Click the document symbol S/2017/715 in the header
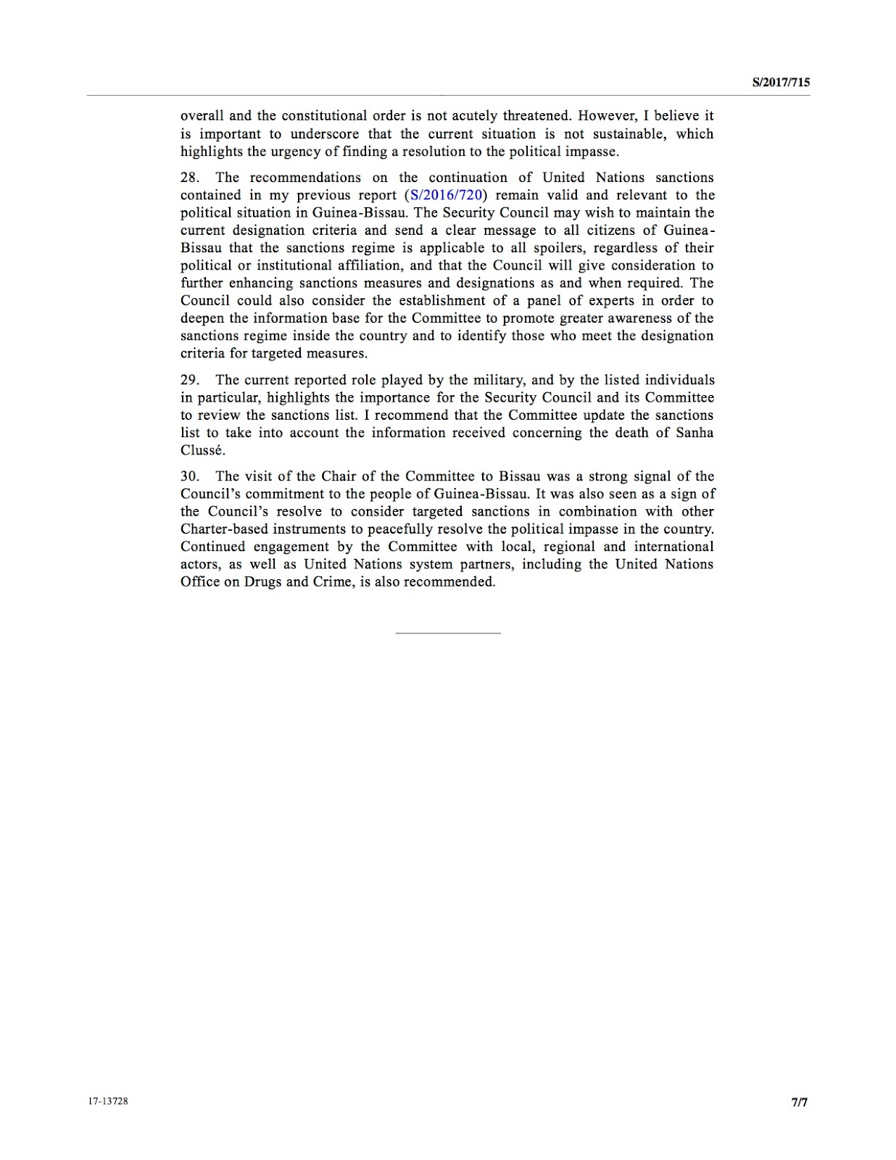click(x=781, y=83)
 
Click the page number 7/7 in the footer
click(x=800, y=1103)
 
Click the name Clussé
click(x=203, y=450)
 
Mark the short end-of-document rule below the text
click(x=448, y=634)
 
